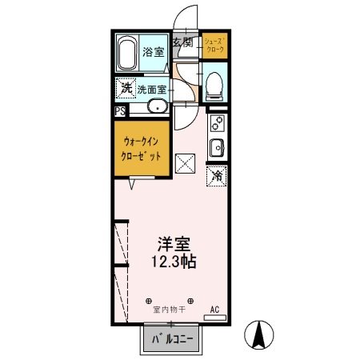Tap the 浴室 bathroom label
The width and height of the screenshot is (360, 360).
[154, 52]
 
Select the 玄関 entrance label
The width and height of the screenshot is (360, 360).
[183, 42]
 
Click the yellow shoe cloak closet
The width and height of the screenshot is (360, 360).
[214, 45]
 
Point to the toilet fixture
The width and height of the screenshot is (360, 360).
[214, 85]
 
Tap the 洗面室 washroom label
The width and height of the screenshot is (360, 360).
[152, 90]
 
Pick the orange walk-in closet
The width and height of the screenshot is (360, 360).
[142, 150]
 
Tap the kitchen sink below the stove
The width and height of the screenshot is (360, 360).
[216, 147]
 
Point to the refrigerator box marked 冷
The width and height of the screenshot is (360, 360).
[217, 176]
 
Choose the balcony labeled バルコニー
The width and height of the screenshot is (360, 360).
[174, 340]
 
